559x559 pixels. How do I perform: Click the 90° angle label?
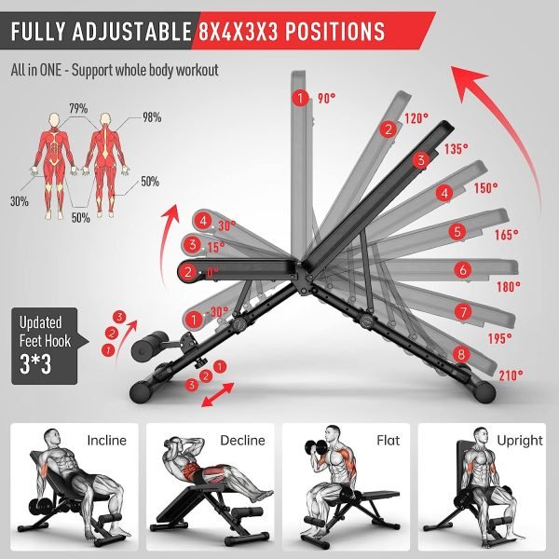[x=327, y=98]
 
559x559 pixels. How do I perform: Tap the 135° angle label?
[x=456, y=149]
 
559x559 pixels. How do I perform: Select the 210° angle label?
[x=511, y=375]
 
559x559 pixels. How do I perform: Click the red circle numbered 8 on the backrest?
[x=461, y=354]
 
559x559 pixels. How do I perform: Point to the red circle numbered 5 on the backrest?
[x=457, y=232]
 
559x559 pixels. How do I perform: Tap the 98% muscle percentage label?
[x=152, y=117]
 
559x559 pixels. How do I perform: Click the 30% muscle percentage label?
[x=20, y=201]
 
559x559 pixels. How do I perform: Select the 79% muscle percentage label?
[x=79, y=108]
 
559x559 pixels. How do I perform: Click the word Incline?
[x=106, y=441]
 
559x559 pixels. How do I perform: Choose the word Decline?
[x=242, y=441]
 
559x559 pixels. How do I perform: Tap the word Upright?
[x=520, y=441]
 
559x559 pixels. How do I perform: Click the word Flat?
[x=389, y=441]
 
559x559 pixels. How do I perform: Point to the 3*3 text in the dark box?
[x=35, y=364]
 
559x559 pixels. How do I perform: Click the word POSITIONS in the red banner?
[x=334, y=32]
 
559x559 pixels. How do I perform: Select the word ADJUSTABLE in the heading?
[x=132, y=32]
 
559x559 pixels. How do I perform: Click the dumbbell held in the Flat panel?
[x=316, y=448]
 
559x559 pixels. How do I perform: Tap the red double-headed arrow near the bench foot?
[x=218, y=394]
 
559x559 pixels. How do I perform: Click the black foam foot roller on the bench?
[x=149, y=346]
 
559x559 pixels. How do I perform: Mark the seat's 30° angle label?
[x=226, y=225]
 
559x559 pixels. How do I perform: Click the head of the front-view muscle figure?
[x=54, y=119]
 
